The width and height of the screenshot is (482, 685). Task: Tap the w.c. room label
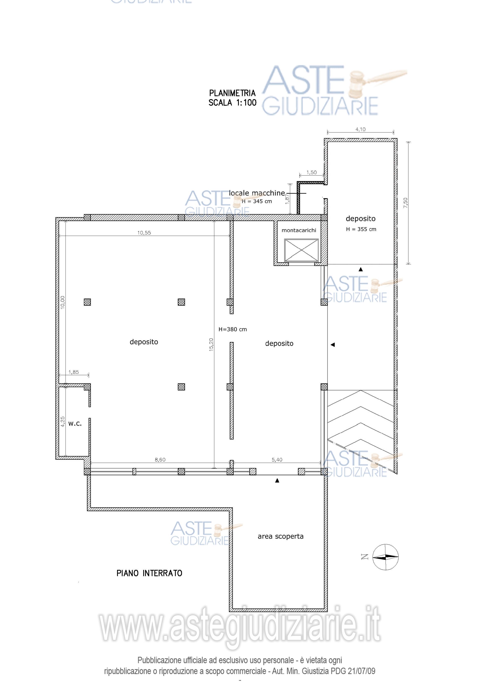tap(75, 424)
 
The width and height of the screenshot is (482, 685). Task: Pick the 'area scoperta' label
tap(280, 536)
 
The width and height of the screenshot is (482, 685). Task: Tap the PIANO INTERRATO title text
tap(149, 573)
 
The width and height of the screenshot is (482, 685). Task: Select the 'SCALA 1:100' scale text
tap(232, 103)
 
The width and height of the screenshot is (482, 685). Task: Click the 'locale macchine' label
tap(257, 193)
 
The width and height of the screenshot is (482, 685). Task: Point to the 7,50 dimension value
tap(405, 203)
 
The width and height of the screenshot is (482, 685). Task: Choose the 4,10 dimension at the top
tap(361, 129)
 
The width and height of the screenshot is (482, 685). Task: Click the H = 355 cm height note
tap(361, 229)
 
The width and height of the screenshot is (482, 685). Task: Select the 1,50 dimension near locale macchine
tap(312, 172)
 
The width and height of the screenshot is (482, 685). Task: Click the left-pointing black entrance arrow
tap(333, 345)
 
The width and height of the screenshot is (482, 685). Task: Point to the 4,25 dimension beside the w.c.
tap(63, 422)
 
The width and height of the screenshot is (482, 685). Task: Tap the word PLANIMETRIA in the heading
tap(232, 93)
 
